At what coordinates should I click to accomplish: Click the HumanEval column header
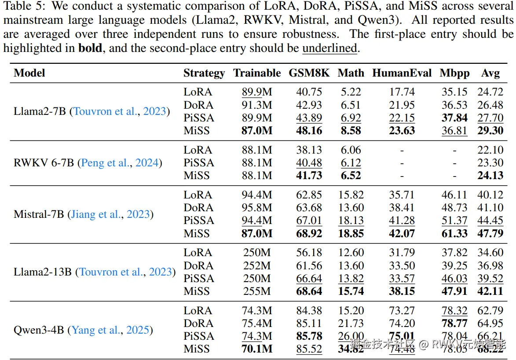tap(402, 73)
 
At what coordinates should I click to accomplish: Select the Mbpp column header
tap(454, 73)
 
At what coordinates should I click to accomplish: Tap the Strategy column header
tap(204, 73)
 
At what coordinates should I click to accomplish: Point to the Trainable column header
tap(257, 73)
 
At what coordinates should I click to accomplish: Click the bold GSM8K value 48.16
tap(309, 131)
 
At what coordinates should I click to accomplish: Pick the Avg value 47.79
tap(490, 233)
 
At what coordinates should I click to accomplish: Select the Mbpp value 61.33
tap(454, 233)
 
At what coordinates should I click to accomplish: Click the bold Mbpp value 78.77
tap(454, 323)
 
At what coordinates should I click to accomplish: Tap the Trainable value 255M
tap(257, 291)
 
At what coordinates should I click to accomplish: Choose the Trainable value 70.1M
tap(257, 349)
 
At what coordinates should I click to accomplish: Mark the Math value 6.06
tap(351, 150)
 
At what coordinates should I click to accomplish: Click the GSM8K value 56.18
tap(309, 253)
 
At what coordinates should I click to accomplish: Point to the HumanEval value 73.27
tap(402, 311)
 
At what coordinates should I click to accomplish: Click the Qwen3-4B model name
tap(39, 330)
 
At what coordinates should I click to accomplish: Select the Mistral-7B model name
tap(39, 214)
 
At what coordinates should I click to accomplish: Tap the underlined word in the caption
tap(329, 48)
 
